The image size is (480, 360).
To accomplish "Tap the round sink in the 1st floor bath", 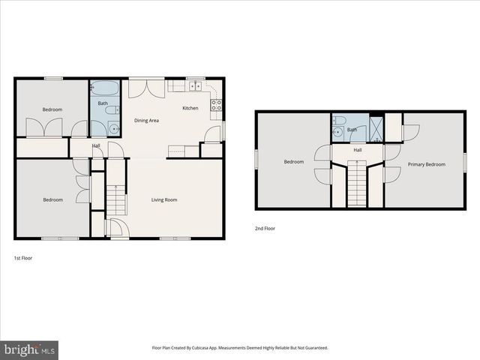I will point(113,128).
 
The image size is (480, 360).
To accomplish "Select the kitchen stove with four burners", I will point(216,105).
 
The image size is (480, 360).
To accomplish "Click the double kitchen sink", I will point(194,85).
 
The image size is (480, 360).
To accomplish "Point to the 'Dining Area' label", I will point(146,120).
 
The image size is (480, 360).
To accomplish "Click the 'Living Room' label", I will point(163,199).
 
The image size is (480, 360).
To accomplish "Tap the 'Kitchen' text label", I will point(190,108).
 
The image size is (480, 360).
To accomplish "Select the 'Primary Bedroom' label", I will point(426,164).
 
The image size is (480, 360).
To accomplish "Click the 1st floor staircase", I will point(115,199).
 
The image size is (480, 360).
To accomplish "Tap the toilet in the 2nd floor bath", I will point(340,121).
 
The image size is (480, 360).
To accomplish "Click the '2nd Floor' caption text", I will point(264,228).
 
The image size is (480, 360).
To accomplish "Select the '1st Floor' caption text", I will point(22,257).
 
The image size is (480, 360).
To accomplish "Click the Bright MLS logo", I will point(28,349).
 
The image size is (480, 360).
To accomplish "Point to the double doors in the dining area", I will point(146,88).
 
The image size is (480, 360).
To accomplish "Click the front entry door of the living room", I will point(118,229).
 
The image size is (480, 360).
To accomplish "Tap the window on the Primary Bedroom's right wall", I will point(464,161).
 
